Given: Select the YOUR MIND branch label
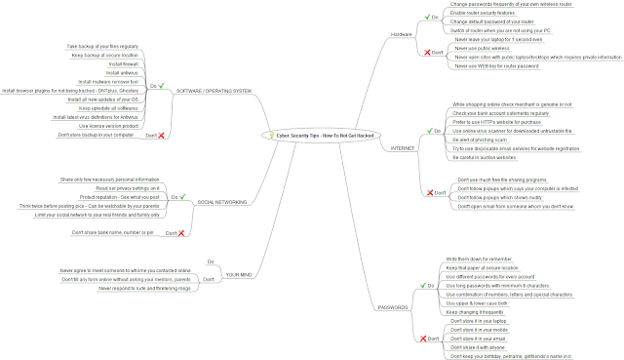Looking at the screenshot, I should coord(240,274).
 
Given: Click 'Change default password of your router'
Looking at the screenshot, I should coord(499,21).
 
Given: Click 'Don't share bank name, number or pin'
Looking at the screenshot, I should coord(112,233).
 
